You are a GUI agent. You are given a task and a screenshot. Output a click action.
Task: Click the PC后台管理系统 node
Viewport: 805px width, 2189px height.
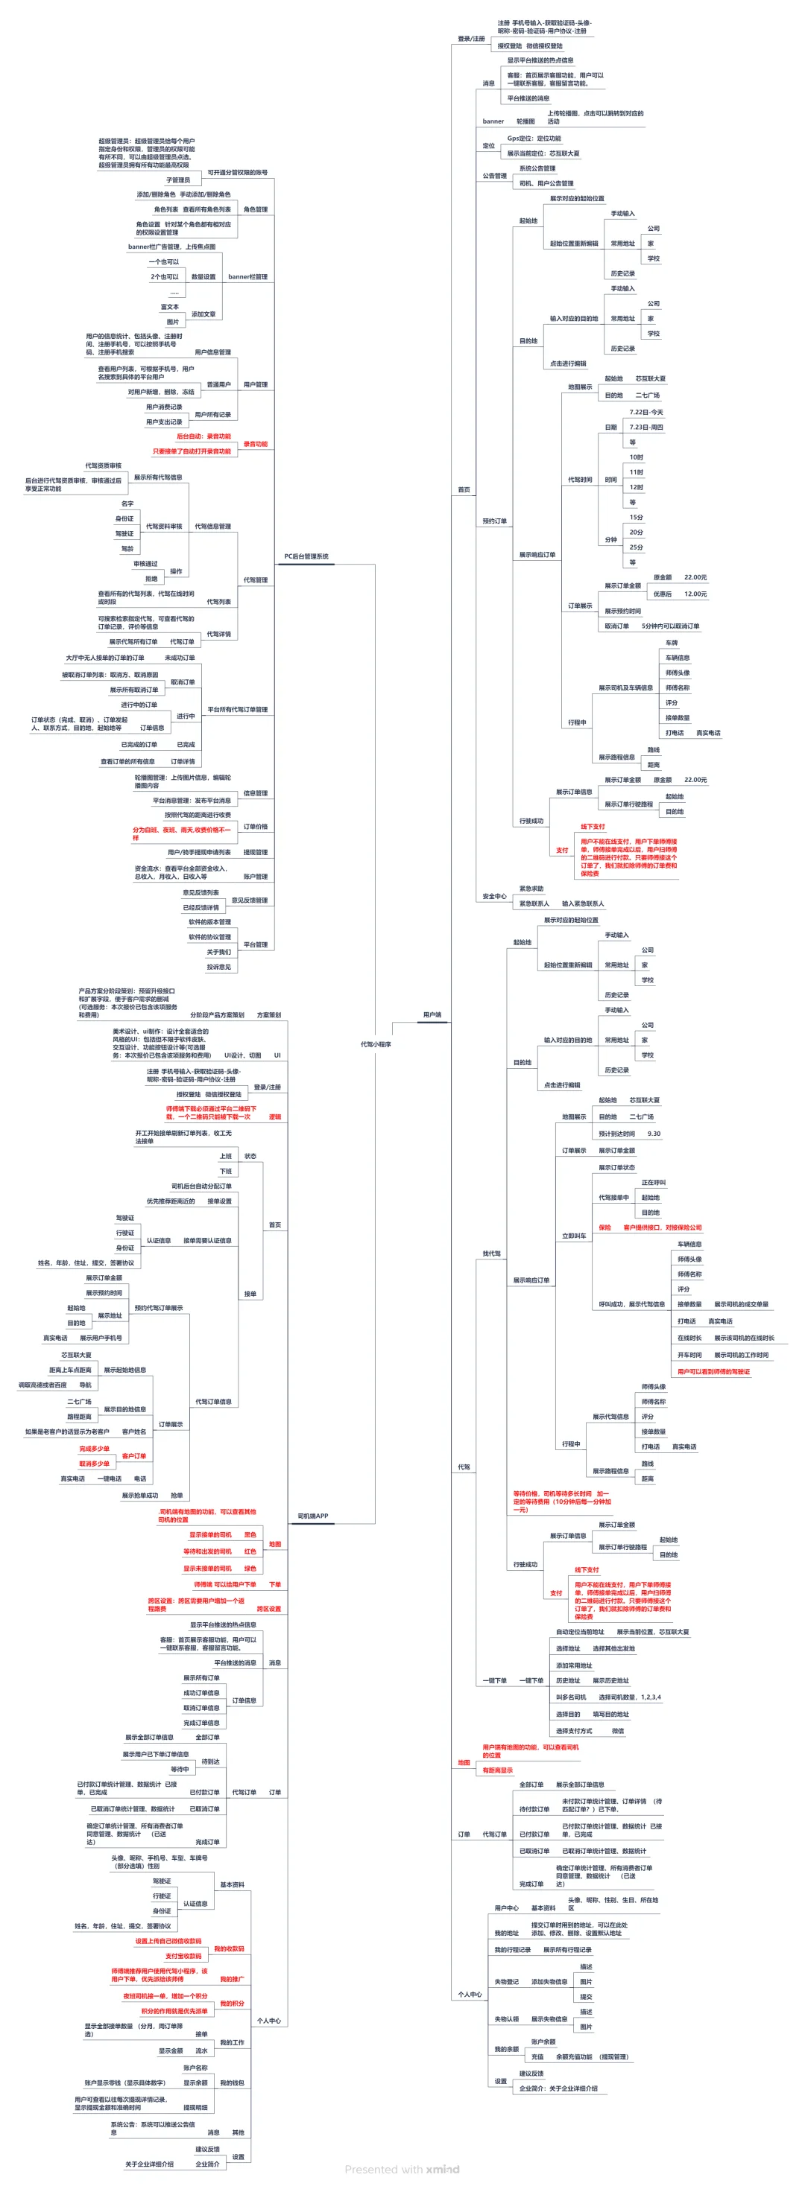tap(306, 556)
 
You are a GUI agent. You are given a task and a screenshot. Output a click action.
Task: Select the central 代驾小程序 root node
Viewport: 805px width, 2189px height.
tap(375, 1044)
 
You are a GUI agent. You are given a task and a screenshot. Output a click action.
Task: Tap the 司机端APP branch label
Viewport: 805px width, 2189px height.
tap(313, 1516)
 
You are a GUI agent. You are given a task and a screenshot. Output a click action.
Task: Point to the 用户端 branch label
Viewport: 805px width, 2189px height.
tap(432, 1014)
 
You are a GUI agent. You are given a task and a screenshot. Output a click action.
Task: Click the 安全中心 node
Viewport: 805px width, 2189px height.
tap(494, 896)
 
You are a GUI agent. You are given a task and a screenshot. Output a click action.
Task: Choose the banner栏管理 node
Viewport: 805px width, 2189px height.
tap(247, 277)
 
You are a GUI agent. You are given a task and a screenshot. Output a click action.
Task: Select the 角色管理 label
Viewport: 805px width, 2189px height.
tap(255, 209)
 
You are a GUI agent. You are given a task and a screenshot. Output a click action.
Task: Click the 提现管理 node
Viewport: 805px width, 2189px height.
tap(255, 851)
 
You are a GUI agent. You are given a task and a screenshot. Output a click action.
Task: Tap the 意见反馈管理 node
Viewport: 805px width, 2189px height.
tap(249, 900)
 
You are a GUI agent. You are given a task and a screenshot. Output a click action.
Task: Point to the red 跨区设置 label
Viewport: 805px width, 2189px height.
tap(268, 1609)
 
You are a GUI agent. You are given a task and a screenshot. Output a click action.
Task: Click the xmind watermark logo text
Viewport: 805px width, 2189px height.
tap(442, 2170)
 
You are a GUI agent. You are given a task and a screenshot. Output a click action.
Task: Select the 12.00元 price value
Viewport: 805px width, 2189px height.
tap(695, 594)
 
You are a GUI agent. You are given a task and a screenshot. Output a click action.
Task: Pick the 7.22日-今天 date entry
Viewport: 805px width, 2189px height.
tap(646, 412)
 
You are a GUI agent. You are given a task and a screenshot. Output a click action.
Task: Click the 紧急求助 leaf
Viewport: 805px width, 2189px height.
tap(531, 888)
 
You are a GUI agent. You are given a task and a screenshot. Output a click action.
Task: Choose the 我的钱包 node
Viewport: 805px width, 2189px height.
tap(231, 2082)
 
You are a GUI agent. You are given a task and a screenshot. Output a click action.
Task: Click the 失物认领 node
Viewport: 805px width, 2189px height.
tap(507, 2019)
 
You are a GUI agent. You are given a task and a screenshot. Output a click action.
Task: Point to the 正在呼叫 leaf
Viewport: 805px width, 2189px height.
tap(654, 1182)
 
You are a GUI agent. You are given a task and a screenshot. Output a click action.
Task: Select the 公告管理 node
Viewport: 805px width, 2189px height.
tap(495, 176)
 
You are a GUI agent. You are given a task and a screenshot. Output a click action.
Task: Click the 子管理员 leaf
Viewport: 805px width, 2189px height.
tap(177, 180)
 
